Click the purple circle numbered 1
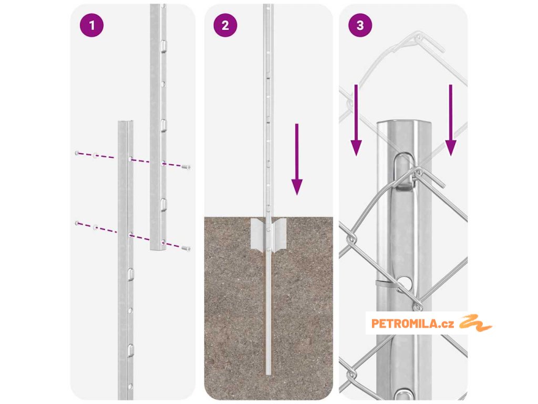click(x=91, y=25)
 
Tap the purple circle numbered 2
click(x=225, y=25)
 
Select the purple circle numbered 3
click(x=360, y=25)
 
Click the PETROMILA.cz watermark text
click(x=413, y=324)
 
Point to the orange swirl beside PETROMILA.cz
click(x=475, y=323)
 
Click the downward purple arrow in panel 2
click(x=297, y=159)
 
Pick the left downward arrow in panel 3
click(x=356, y=120)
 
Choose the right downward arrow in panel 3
click(x=450, y=120)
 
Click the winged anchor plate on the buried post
click(x=268, y=233)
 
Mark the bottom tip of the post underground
click(x=268, y=374)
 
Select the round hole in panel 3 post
click(x=406, y=282)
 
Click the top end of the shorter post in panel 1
click(x=126, y=122)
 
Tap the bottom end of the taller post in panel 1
click(x=158, y=248)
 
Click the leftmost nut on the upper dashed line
click(x=77, y=153)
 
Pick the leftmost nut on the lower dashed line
click(x=77, y=223)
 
